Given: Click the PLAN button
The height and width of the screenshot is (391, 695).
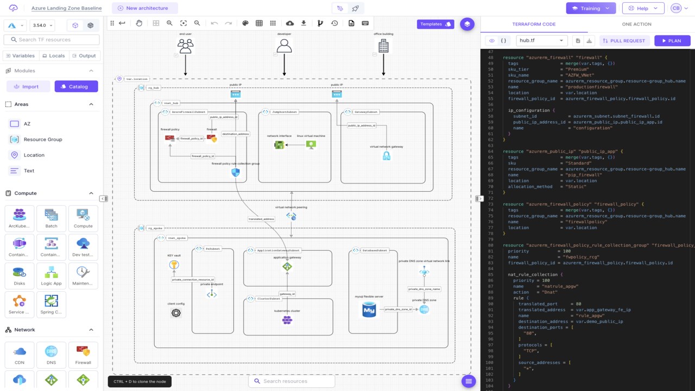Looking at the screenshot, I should (672, 41).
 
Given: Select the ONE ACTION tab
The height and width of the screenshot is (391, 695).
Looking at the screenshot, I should (636, 24).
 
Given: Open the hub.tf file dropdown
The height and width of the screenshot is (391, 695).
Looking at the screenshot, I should (541, 41).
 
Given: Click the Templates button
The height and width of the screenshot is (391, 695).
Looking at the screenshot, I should (435, 24).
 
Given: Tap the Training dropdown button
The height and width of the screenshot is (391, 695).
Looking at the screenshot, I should (591, 8).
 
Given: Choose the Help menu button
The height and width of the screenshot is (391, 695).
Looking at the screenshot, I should (643, 8).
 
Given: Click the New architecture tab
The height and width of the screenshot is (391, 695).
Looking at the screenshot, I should (144, 8).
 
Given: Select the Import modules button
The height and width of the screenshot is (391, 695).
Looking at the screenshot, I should (28, 86).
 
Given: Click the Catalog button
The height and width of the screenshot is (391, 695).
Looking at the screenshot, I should (76, 86).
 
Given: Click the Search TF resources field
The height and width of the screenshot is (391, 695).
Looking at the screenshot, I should (52, 40).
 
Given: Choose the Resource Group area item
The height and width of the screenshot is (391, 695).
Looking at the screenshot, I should (42, 140).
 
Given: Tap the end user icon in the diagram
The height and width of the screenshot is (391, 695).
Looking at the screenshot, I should (186, 47).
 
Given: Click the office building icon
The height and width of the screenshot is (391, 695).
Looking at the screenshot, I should (383, 47).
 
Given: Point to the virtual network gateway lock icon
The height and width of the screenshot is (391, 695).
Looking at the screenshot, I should (386, 156).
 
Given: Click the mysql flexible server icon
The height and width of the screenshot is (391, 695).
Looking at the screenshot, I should (369, 310).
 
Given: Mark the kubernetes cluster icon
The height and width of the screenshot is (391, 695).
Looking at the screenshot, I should (287, 320).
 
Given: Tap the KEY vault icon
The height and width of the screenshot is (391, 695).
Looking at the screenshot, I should (174, 265).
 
